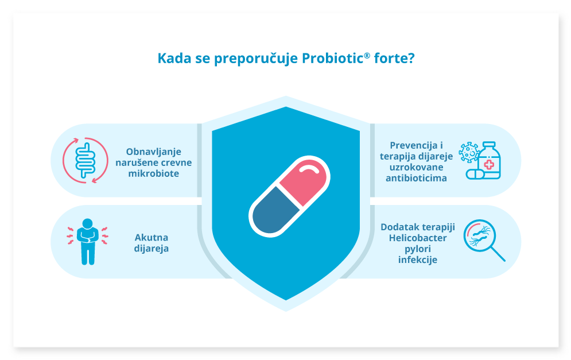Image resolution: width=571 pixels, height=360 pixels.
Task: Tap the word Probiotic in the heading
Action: [x=333, y=59]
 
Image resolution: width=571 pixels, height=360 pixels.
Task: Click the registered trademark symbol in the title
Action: [x=367, y=55]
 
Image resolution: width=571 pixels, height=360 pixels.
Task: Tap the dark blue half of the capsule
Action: [x=274, y=211]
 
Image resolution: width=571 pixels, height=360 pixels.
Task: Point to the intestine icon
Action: [x=85, y=160]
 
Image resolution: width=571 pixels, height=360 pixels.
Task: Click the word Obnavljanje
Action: [x=154, y=152]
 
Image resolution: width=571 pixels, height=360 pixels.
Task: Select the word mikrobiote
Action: [x=154, y=173]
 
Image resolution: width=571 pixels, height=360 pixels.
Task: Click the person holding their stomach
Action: [x=88, y=241]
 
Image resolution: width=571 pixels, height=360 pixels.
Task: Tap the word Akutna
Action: [x=152, y=238]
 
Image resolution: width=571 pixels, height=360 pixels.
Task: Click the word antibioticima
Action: [x=416, y=178]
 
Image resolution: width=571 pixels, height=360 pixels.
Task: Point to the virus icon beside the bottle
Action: [x=469, y=152]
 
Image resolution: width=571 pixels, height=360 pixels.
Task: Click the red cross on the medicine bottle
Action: [x=489, y=165]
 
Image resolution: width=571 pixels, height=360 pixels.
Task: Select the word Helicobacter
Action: [x=418, y=238]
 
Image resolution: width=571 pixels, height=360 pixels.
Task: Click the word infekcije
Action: [x=418, y=260]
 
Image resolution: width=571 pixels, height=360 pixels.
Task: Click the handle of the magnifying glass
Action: [x=498, y=254]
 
